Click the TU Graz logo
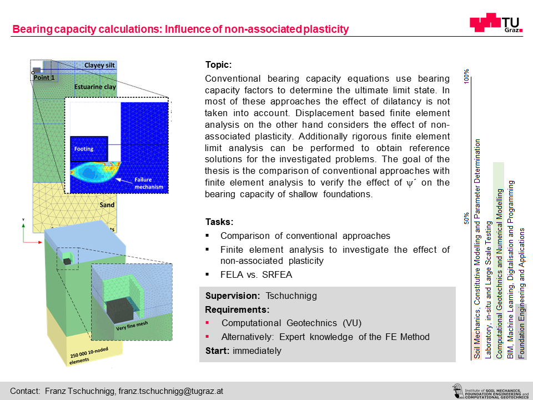(496, 23)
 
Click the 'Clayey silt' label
(99, 65)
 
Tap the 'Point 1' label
(44, 78)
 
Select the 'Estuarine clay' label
(95, 87)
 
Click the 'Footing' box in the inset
(89, 149)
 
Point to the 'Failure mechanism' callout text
(149, 183)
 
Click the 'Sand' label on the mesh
(107, 205)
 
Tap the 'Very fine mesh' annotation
(132, 326)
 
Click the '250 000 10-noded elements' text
(89, 356)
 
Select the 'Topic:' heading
(218, 64)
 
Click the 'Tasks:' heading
(219, 222)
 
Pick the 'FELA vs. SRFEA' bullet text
(256, 274)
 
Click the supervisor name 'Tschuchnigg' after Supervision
(291, 296)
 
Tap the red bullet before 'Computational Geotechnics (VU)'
(207, 322)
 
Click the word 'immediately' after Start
(257, 351)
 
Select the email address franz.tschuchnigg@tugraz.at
(170, 391)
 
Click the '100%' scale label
(466, 76)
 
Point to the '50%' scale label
(466, 218)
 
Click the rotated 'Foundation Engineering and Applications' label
(521, 293)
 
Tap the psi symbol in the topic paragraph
(410, 183)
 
